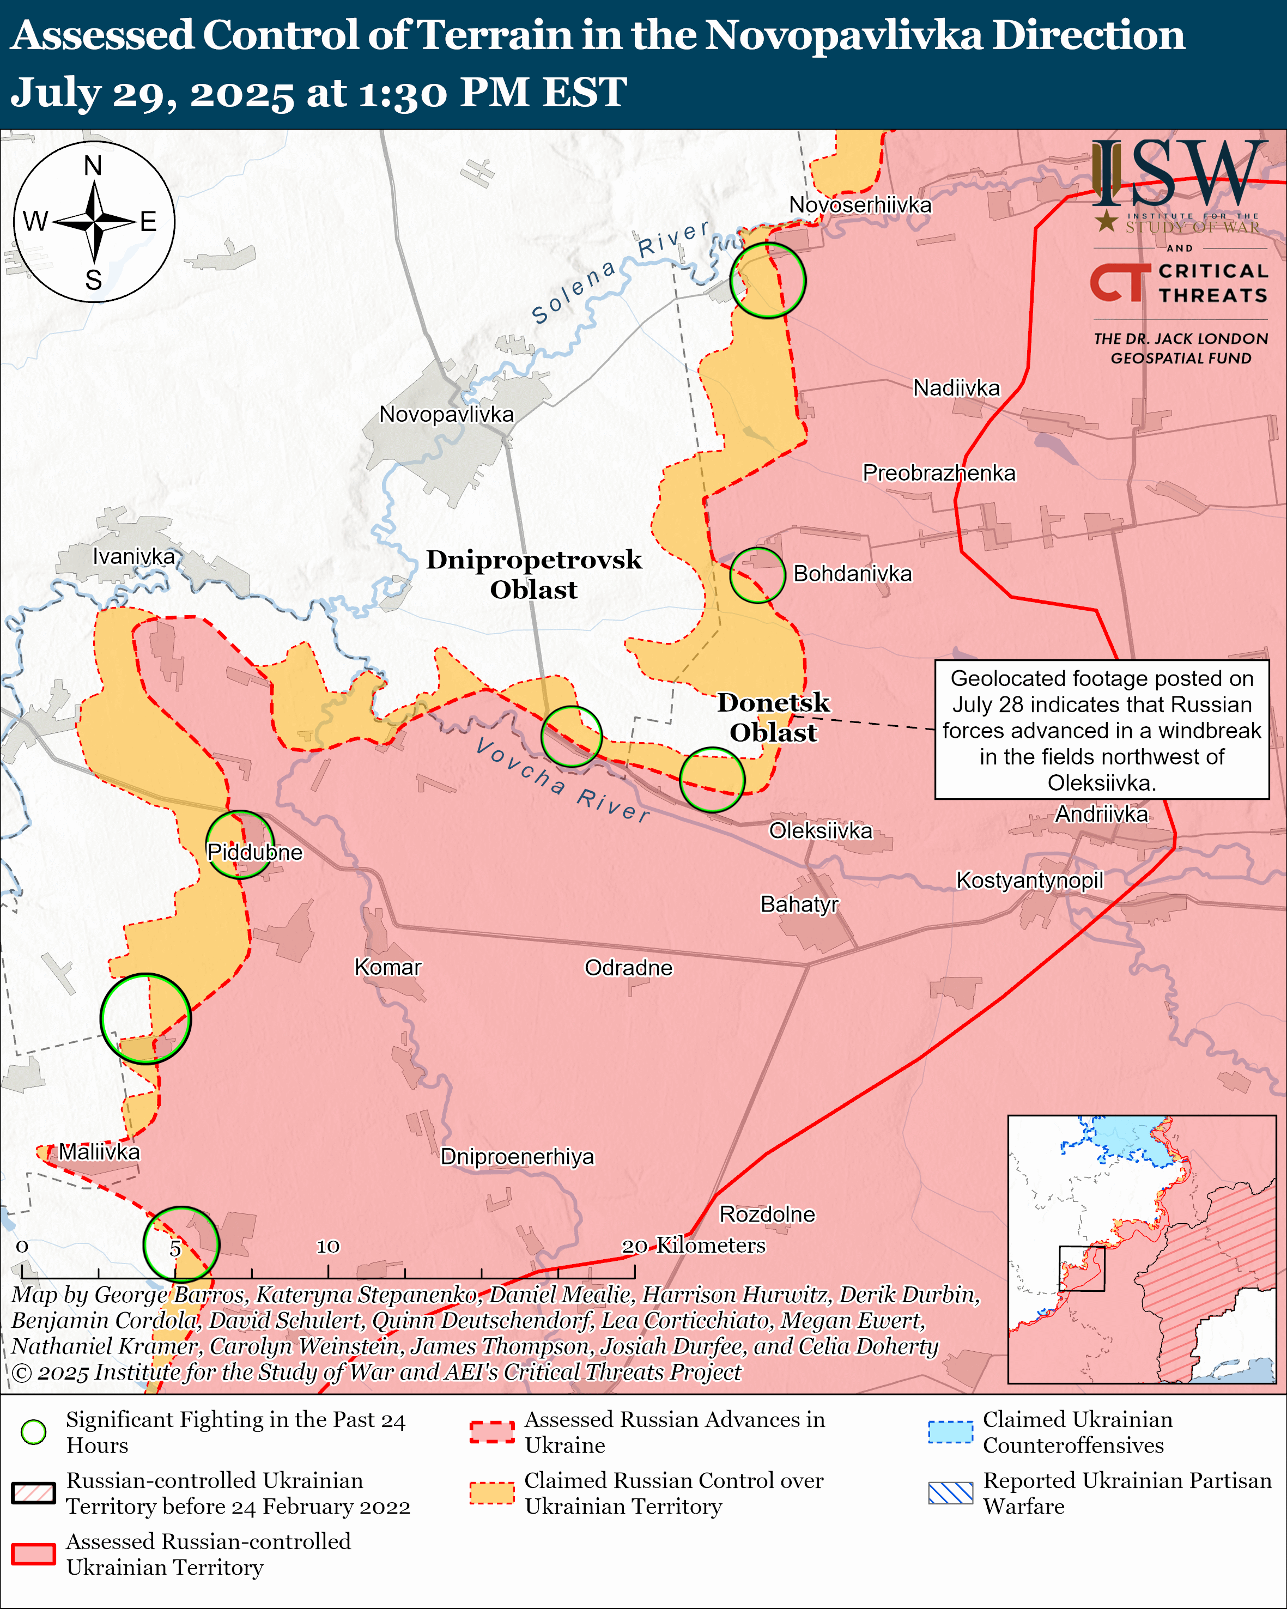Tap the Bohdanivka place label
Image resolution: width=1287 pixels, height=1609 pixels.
pyautogui.click(x=852, y=573)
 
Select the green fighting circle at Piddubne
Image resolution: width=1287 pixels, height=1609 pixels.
pyautogui.click(x=240, y=844)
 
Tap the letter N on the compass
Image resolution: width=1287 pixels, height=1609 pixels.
pyautogui.click(x=93, y=166)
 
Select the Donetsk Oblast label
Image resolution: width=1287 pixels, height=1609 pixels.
pyautogui.click(x=774, y=717)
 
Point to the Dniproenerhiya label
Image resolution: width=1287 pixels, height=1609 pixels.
pyautogui.click(x=517, y=1156)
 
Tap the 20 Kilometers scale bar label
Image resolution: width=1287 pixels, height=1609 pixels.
pyautogui.click(x=694, y=1245)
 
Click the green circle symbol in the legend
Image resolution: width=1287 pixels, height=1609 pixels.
pyautogui.click(x=34, y=1431)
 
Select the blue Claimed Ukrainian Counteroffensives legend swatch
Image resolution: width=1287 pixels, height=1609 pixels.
pyautogui.click(x=950, y=1431)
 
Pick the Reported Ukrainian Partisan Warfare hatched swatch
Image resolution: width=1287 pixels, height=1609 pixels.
pyautogui.click(x=950, y=1492)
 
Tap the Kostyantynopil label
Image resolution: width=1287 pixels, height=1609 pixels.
pyautogui.click(x=1030, y=880)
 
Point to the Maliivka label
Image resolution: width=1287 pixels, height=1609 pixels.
pyautogui.click(x=99, y=1151)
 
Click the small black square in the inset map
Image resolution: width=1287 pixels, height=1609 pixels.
pyautogui.click(x=1082, y=1268)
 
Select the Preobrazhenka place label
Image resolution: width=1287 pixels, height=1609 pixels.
pyautogui.click(x=939, y=472)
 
